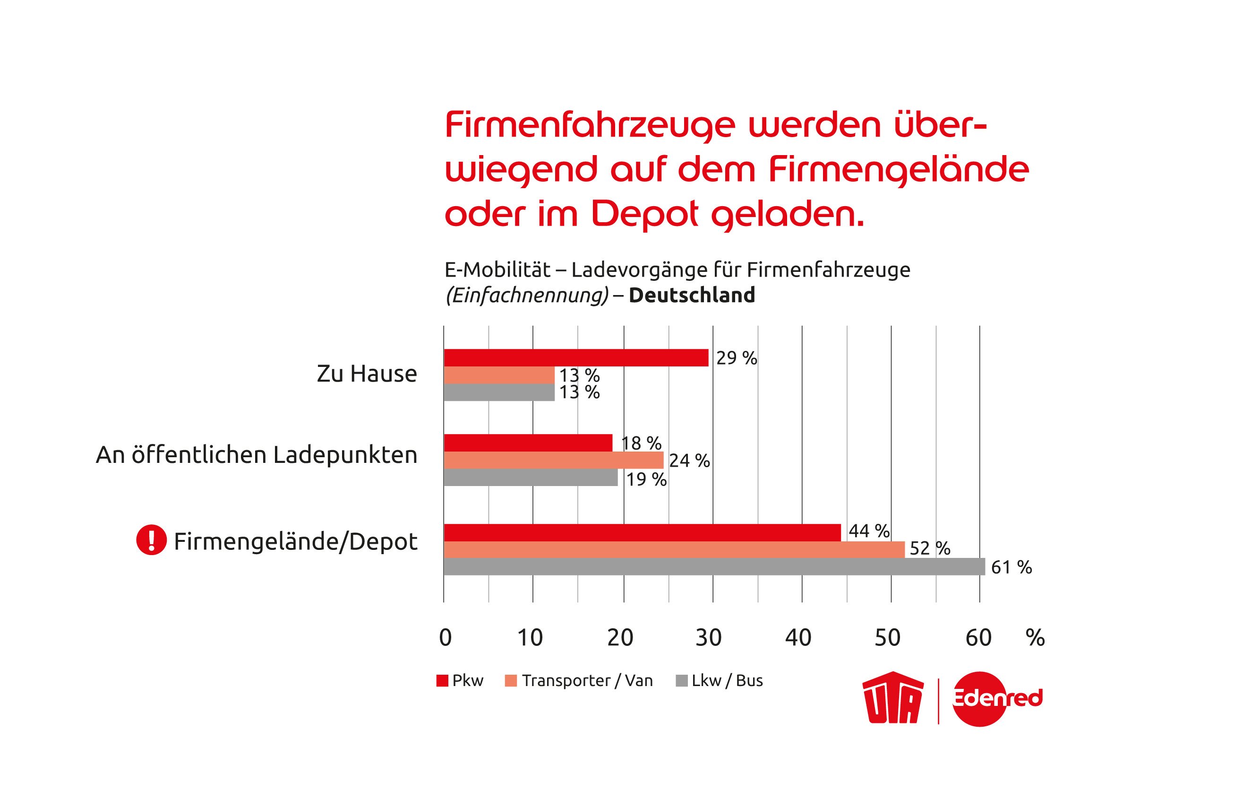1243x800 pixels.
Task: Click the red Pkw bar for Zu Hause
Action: tap(576, 358)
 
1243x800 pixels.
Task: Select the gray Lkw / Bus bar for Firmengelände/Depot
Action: tap(714, 567)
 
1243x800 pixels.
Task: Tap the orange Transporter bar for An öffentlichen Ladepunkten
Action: tap(554, 460)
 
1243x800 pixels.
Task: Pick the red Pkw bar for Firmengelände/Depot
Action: tap(642, 533)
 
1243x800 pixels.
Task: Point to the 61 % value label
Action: tap(1011, 567)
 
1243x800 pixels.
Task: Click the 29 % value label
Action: tap(737, 358)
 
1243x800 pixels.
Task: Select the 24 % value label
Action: tap(689, 461)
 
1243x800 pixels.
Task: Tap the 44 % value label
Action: tap(869, 531)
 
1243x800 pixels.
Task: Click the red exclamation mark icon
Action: tap(151, 541)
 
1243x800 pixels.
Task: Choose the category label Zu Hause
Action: tap(367, 374)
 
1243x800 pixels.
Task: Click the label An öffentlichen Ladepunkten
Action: tap(257, 455)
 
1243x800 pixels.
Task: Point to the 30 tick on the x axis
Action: tap(709, 638)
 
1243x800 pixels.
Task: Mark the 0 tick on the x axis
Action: tap(446, 638)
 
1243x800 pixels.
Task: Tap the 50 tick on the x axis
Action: tap(888, 638)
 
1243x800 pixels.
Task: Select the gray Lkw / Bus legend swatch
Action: tap(681, 680)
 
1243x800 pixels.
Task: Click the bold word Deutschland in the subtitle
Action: tap(692, 295)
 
